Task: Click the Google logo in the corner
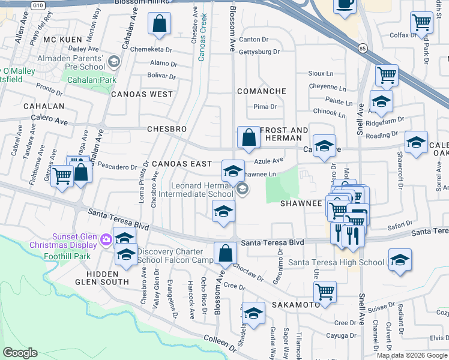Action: [x=20, y=353]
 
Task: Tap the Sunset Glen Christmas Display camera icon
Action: [x=107, y=240]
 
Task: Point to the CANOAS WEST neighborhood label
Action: [x=142, y=94]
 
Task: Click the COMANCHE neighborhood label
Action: [x=261, y=91]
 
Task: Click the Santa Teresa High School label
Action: [x=336, y=262]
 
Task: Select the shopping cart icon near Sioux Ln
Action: [x=387, y=76]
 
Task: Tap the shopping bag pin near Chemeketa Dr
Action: [x=160, y=25]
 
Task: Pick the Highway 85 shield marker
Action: [x=362, y=47]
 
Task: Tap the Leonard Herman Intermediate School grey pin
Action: [x=243, y=190]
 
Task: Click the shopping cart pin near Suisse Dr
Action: [x=325, y=292]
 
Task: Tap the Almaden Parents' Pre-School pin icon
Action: [x=115, y=62]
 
